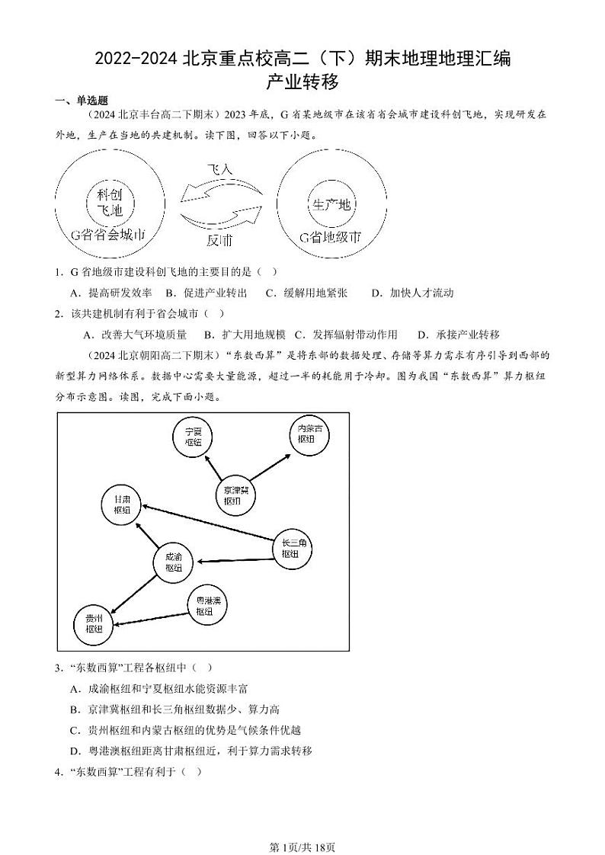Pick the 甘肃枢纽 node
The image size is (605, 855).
point(122,504)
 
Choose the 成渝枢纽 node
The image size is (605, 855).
point(173,562)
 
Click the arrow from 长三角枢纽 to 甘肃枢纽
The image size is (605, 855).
point(207,525)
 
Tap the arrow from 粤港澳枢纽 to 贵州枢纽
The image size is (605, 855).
point(151,614)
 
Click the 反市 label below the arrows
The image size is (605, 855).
point(219,240)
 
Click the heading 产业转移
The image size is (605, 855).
point(302,81)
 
